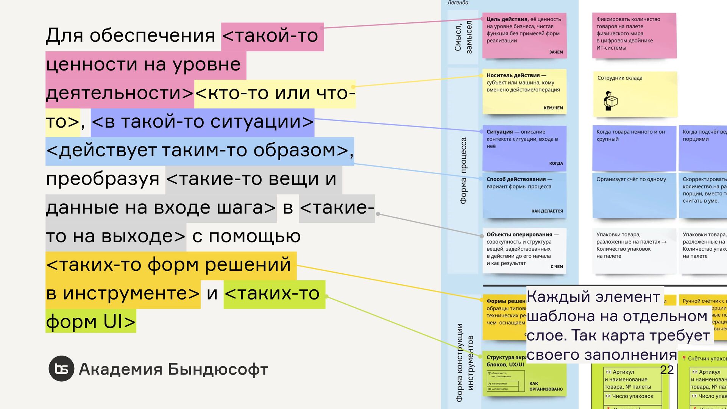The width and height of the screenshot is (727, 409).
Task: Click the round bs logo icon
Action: click(x=61, y=368)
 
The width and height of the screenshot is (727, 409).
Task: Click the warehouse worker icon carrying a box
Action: click(x=610, y=101)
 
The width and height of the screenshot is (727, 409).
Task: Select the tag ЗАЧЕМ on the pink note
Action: click(x=556, y=52)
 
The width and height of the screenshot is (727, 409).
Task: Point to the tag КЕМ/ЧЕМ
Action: click(x=553, y=108)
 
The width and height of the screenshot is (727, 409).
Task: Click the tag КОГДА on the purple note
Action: click(x=556, y=164)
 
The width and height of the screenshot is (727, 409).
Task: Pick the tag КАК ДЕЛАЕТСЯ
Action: click(x=547, y=211)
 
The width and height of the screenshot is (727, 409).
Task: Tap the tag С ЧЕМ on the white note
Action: click(x=557, y=267)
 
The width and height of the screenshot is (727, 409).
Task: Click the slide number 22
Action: click(x=667, y=370)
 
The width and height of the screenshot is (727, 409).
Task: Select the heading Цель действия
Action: click(x=507, y=19)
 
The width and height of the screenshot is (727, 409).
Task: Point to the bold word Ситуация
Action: click(x=499, y=132)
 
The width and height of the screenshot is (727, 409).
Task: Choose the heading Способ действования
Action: click(x=516, y=179)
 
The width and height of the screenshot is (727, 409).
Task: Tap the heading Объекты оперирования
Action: click(x=519, y=234)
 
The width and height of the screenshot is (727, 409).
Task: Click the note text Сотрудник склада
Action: click(x=619, y=78)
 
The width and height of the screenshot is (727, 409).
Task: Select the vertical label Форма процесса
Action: click(x=463, y=170)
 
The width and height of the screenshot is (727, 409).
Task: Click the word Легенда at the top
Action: click(x=458, y=3)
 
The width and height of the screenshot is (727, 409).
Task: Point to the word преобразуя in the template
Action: click(x=103, y=179)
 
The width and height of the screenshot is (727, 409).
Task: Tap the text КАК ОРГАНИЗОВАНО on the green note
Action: click(x=546, y=386)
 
